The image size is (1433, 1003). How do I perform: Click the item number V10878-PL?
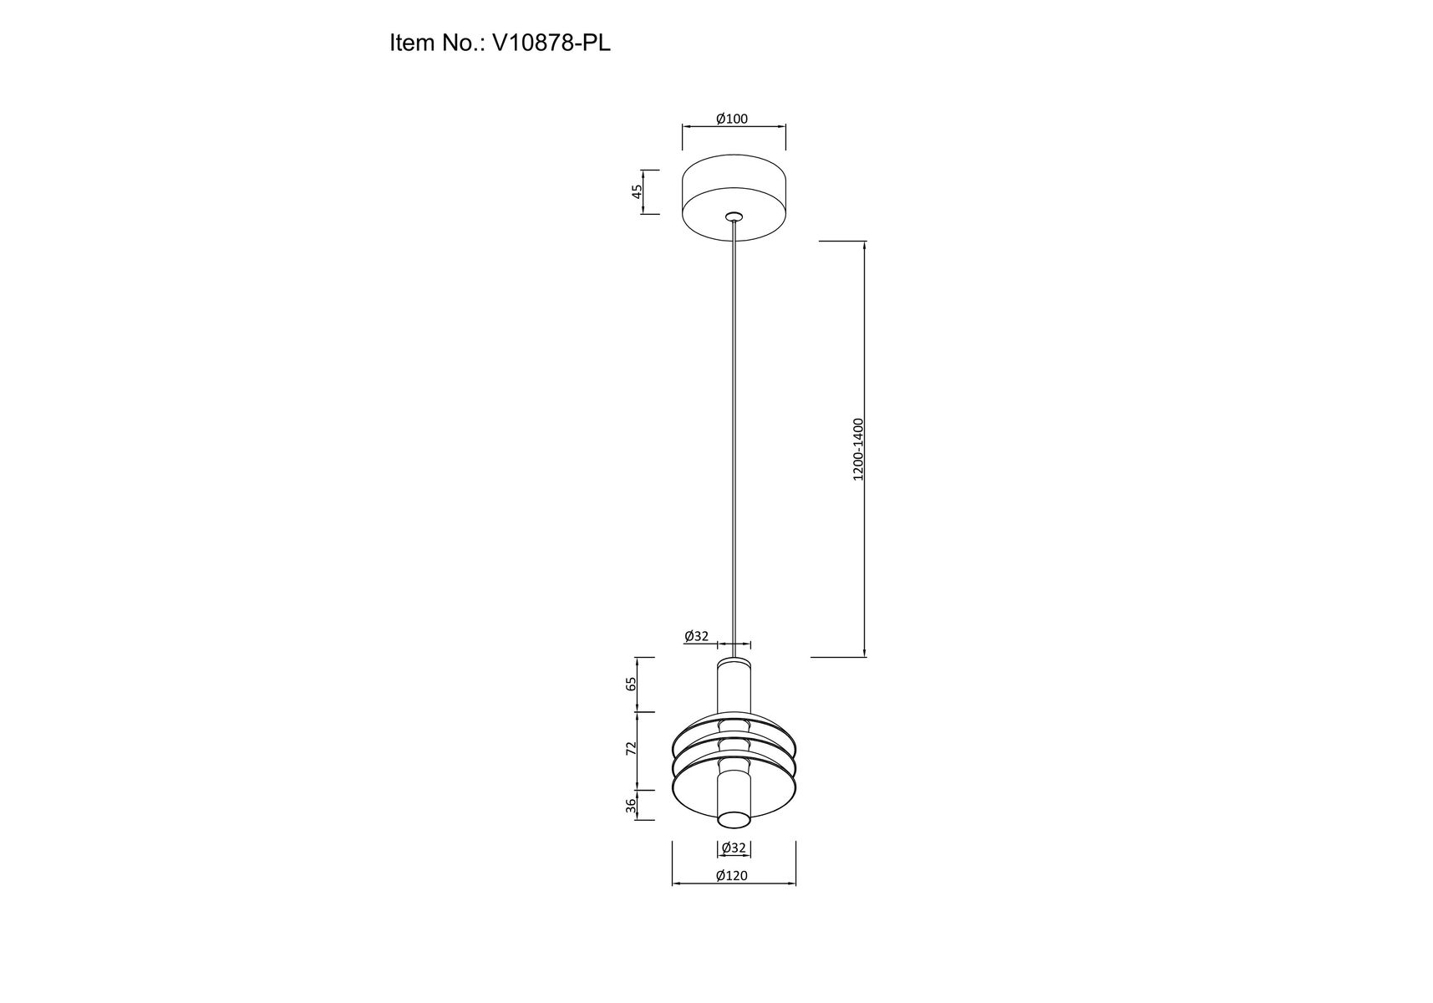(x=551, y=43)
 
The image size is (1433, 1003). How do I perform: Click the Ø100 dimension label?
(x=732, y=119)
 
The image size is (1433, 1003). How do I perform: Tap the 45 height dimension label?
(x=637, y=191)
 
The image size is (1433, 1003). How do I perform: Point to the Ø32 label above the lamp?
(x=696, y=636)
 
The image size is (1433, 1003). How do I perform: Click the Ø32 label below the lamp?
(x=734, y=848)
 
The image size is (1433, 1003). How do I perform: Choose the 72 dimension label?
(x=632, y=747)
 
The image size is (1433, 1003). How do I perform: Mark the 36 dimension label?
(x=632, y=804)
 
